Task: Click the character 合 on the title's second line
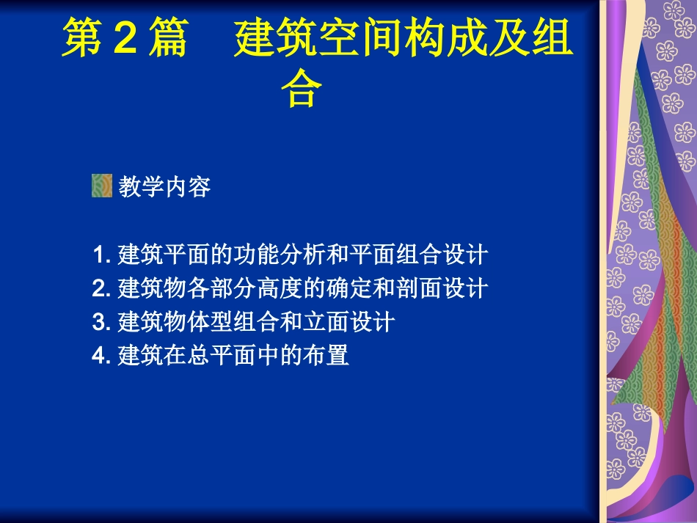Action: click(302, 89)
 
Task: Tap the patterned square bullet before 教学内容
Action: click(101, 186)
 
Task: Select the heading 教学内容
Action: click(164, 187)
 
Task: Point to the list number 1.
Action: click(100, 255)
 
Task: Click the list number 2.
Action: click(100, 289)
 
